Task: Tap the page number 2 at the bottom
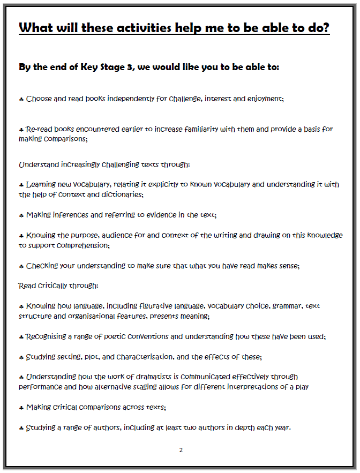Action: (x=181, y=450)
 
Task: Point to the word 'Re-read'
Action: (x=40, y=129)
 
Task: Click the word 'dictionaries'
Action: (x=122, y=194)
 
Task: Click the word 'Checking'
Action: (x=43, y=266)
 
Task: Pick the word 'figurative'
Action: (x=185, y=306)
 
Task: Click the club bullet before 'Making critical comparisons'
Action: (x=21, y=408)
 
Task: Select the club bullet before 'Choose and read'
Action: (x=21, y=99)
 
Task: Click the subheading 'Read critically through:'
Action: (x=58, y=286)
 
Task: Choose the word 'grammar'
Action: (x=288, y=306)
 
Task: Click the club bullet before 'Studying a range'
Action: (x=21, y=428)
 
